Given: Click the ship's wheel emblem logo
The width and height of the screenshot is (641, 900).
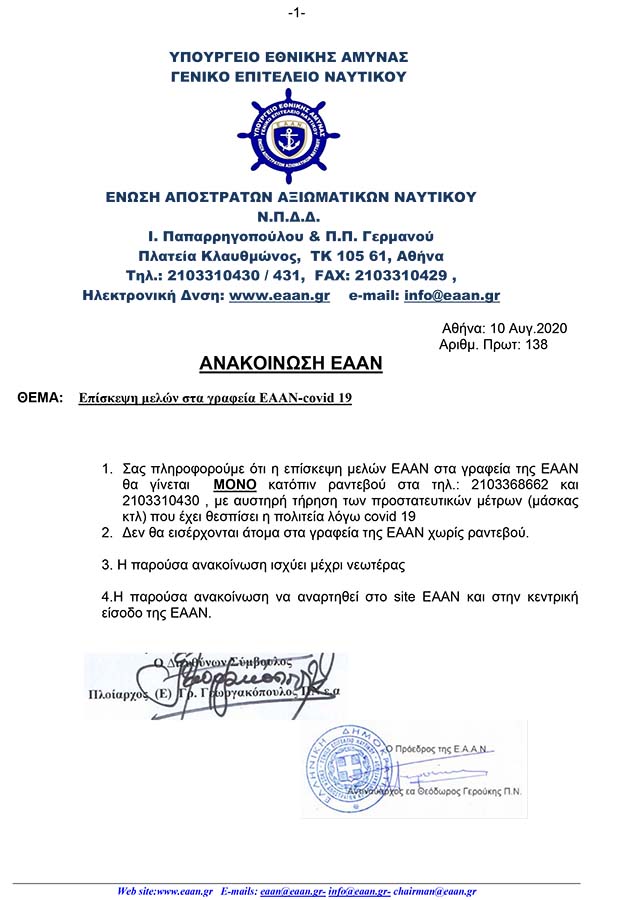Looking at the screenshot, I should click(x=290, y=135).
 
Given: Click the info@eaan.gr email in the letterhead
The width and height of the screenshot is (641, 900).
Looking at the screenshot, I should click(x=452, y=296).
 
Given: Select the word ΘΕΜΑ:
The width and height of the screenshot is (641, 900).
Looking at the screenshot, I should click(x=40, y=398).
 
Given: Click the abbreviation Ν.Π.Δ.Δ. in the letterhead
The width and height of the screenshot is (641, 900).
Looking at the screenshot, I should click(x=291, y=217).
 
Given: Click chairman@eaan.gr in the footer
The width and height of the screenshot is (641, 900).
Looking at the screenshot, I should click(x=440, y=890).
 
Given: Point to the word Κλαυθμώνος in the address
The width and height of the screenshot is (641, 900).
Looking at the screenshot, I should click(x=240, y=256).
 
